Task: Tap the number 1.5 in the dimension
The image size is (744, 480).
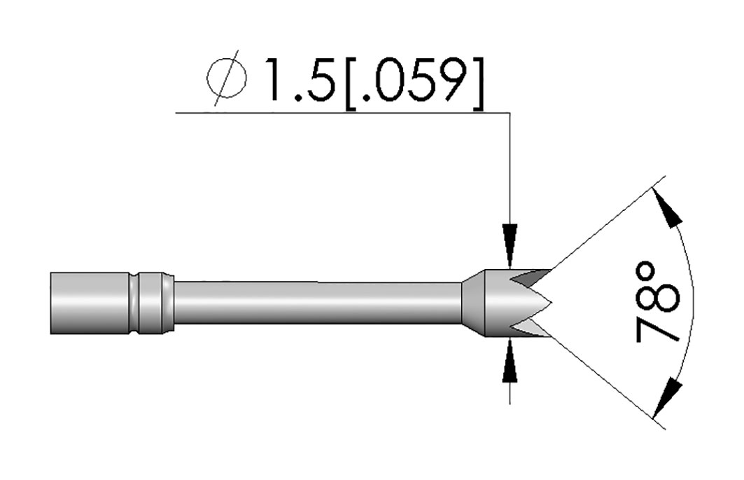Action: point(300,80)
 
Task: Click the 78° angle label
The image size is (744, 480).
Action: point(657,302)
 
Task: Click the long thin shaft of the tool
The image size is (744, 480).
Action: point(318,303)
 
